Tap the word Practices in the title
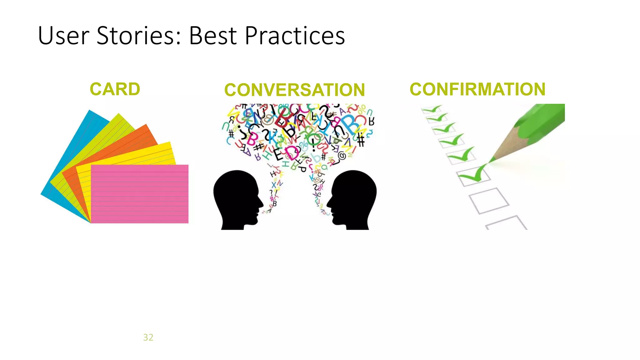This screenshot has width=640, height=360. pos(295,36)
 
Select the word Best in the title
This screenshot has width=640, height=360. pos(212,36)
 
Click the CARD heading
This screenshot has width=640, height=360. pos(115,89)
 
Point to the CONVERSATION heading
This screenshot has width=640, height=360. pos(294,90)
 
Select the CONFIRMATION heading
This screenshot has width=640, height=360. pos(477,89)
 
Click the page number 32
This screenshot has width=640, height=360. pos(148,337)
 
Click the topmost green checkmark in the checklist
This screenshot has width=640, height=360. pos(433,109)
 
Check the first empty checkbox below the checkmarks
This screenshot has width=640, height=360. pos(489,200)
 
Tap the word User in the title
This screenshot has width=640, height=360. pos(64,36)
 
